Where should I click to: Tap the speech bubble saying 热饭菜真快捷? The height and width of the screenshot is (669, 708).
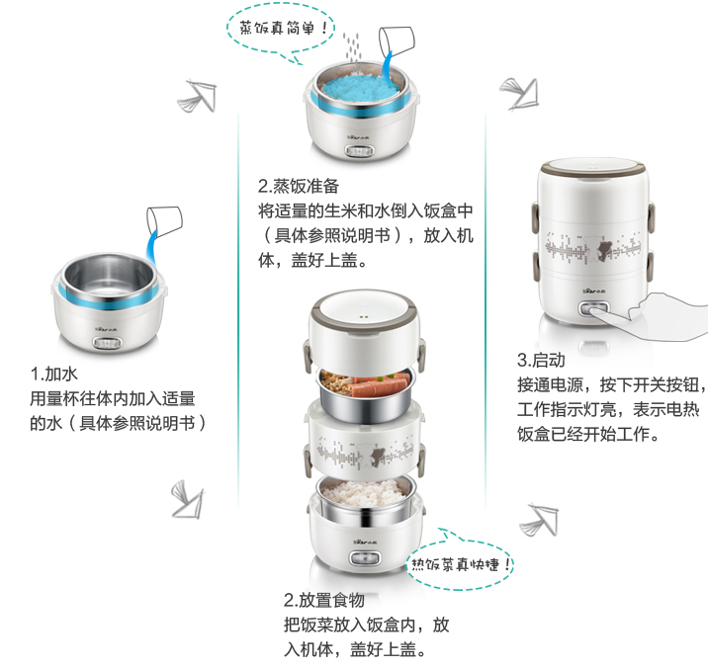coord(460,564)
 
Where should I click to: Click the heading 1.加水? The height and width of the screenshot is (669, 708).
coord(53,374)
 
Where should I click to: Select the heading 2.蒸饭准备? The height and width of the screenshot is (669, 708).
coord(299,186)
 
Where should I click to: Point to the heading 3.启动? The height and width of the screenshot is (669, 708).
coord(541,360)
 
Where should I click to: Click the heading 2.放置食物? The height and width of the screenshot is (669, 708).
coord(323,600)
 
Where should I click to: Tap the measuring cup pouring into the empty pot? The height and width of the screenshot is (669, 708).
coord(164,221)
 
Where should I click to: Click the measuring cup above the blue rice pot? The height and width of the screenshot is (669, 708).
coord(396,42)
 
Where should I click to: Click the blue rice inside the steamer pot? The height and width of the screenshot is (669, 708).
coord(360,88)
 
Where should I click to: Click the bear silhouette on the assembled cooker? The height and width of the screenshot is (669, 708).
coord(604,249)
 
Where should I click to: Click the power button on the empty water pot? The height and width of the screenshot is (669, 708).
coord(108,343)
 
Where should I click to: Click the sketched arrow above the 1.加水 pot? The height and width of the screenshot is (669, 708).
coord(198,96)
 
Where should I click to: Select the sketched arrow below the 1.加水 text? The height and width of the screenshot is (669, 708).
coord(188,499)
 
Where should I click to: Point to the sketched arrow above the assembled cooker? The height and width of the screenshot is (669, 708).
coord(520,94)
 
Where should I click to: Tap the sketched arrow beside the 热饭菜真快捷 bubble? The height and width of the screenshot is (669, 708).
coord(539,519)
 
